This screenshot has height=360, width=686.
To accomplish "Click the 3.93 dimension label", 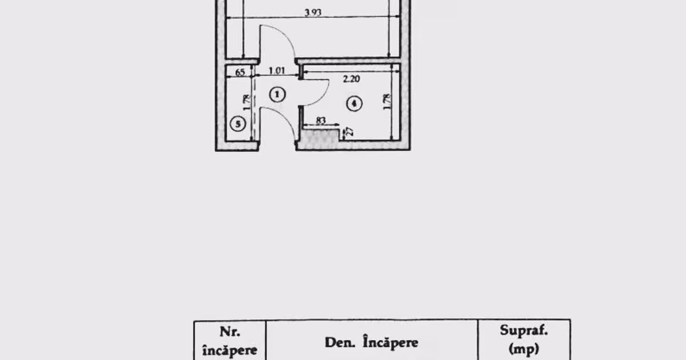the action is point(313,13).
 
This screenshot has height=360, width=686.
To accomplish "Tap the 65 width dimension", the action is point(240,72).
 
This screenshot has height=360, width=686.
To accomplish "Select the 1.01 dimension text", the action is point(277,71).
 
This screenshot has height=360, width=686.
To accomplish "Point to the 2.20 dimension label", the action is point(351,79).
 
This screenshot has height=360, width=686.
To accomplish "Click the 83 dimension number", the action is point(320,121).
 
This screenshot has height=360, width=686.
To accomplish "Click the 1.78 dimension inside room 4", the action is point(387,102).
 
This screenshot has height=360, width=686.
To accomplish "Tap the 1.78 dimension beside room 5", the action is point(246,102).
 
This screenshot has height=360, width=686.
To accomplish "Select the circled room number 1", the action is point(277,95).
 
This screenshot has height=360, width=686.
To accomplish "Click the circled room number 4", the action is point(354,103).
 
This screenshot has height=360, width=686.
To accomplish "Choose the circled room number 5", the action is point(238,124).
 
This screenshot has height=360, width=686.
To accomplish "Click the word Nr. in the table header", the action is point(230,332).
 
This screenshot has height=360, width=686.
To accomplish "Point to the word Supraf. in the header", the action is point(524,331).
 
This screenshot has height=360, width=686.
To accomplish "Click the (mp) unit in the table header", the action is point(524,349).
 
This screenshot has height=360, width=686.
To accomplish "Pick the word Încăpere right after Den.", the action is point(390,342).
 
